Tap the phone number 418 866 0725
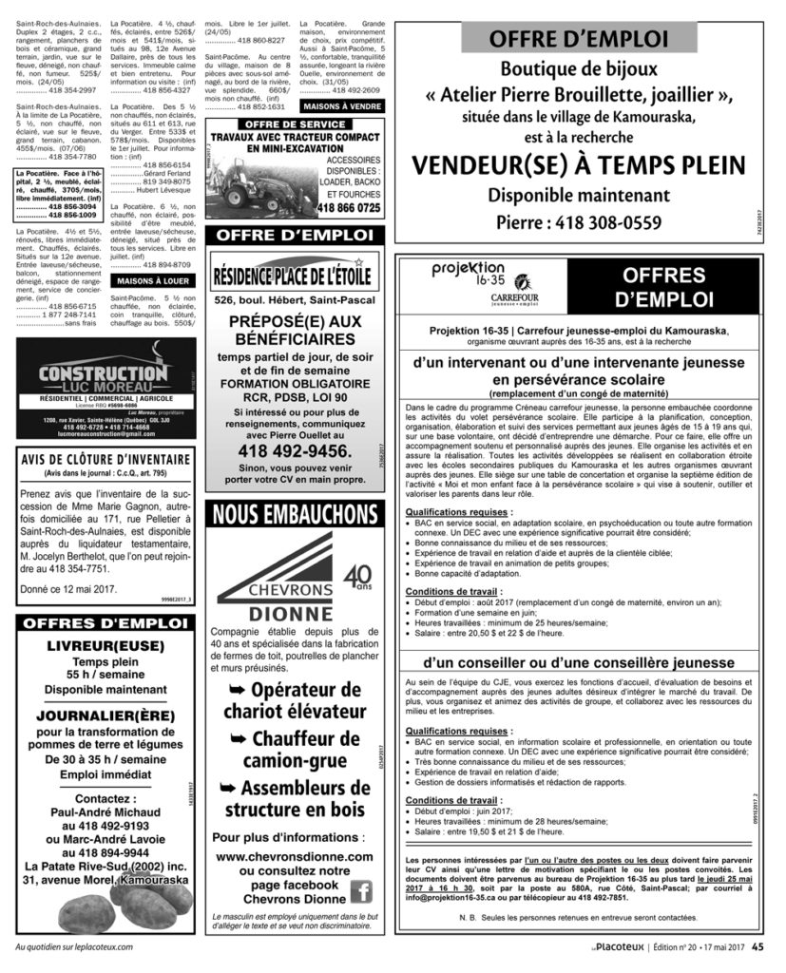click(x=349, y=207)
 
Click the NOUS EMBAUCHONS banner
click(x=296, y=514)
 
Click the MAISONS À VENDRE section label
click(x=339, y=106)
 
